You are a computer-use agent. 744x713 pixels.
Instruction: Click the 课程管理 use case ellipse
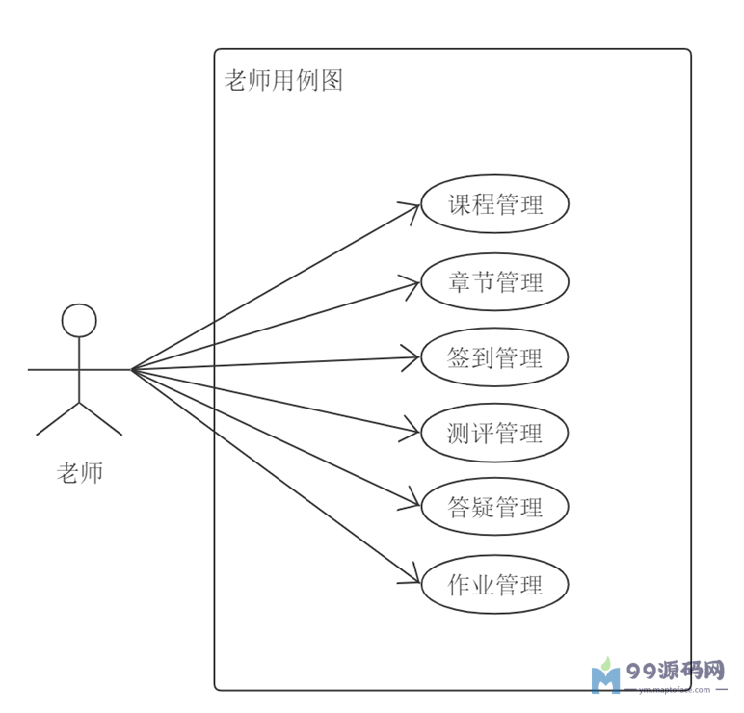click(x=494, y=204)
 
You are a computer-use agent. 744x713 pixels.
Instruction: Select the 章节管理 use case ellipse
click(x=494, y=281)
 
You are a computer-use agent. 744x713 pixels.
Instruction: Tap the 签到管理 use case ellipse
click(x=494, y=357)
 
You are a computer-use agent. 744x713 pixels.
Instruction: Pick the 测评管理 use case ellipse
click(x=494, y=433)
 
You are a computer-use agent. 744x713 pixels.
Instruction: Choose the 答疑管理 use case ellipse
click(x=494, y=507)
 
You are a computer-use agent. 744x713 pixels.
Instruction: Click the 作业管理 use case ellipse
click(x=494, y=584)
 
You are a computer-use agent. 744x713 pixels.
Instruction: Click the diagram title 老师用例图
click(x=283, y=80)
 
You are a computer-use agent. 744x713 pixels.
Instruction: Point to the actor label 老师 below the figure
click(x=80, y=473)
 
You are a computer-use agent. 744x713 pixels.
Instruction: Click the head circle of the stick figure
click(x=79, y=321)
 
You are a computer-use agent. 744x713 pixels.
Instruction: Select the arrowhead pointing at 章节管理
click(x=413, y=283)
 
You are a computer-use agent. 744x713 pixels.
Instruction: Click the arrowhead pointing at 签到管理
click(x=413, y=358)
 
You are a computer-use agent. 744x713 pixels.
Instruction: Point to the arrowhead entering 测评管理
click(x=413, y=430)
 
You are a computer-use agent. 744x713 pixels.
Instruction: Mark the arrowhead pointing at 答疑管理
click(x=413, y=503)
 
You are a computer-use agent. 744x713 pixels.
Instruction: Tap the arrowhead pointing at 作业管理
click(x=413, y=578)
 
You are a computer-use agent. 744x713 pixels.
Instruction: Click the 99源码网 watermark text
click(x=676, y=670)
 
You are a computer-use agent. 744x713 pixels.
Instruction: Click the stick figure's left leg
click(x=58, y=418)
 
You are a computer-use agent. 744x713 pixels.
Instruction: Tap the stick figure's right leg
click(x=101, y=418)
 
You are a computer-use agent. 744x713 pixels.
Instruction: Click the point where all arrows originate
click(x=132, y=369)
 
